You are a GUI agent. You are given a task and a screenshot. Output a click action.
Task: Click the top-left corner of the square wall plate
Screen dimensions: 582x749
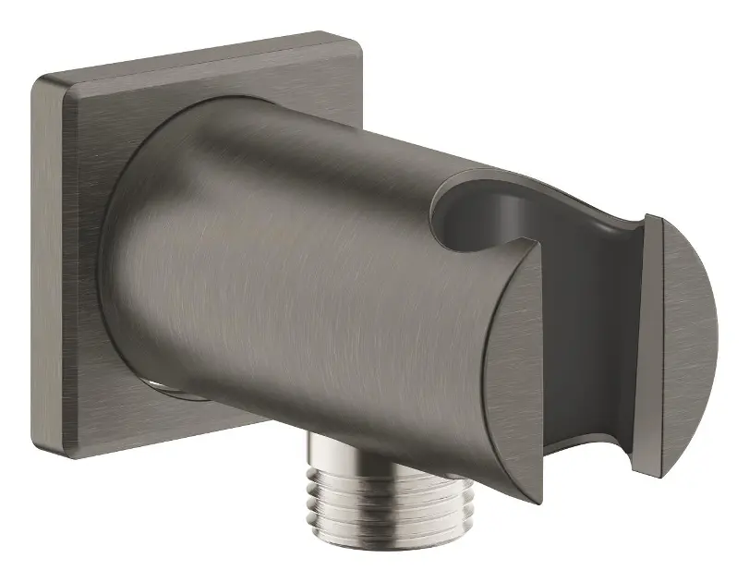point(34,79)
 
